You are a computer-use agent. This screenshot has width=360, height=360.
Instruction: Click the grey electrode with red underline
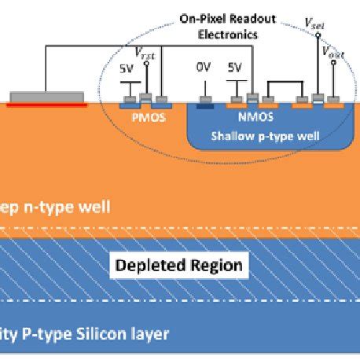46,98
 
